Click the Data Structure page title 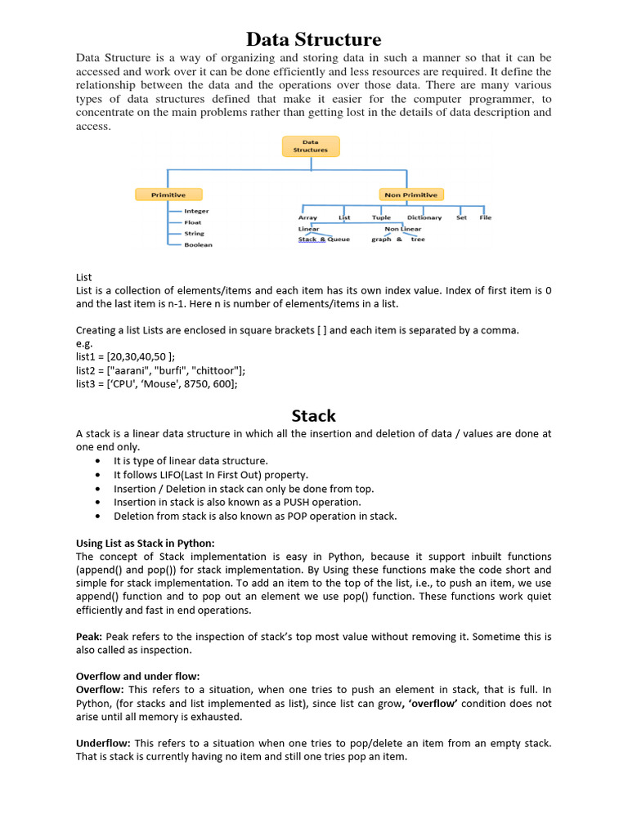click(314, 39)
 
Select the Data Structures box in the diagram click(310, 146)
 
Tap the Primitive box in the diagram click(168, 195)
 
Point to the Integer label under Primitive click(196, 211)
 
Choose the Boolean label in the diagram click(198, 244)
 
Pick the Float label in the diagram click(192, 222)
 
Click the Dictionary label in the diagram click(424, 217)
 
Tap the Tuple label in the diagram click(381, 217)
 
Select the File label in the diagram click(486, 217)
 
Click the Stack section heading click(314, 416)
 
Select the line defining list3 click(157, 383)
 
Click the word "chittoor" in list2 click(216, 370)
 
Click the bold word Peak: click(90, 636)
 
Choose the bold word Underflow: click(104, 743)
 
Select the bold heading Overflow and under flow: click(137, 677)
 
